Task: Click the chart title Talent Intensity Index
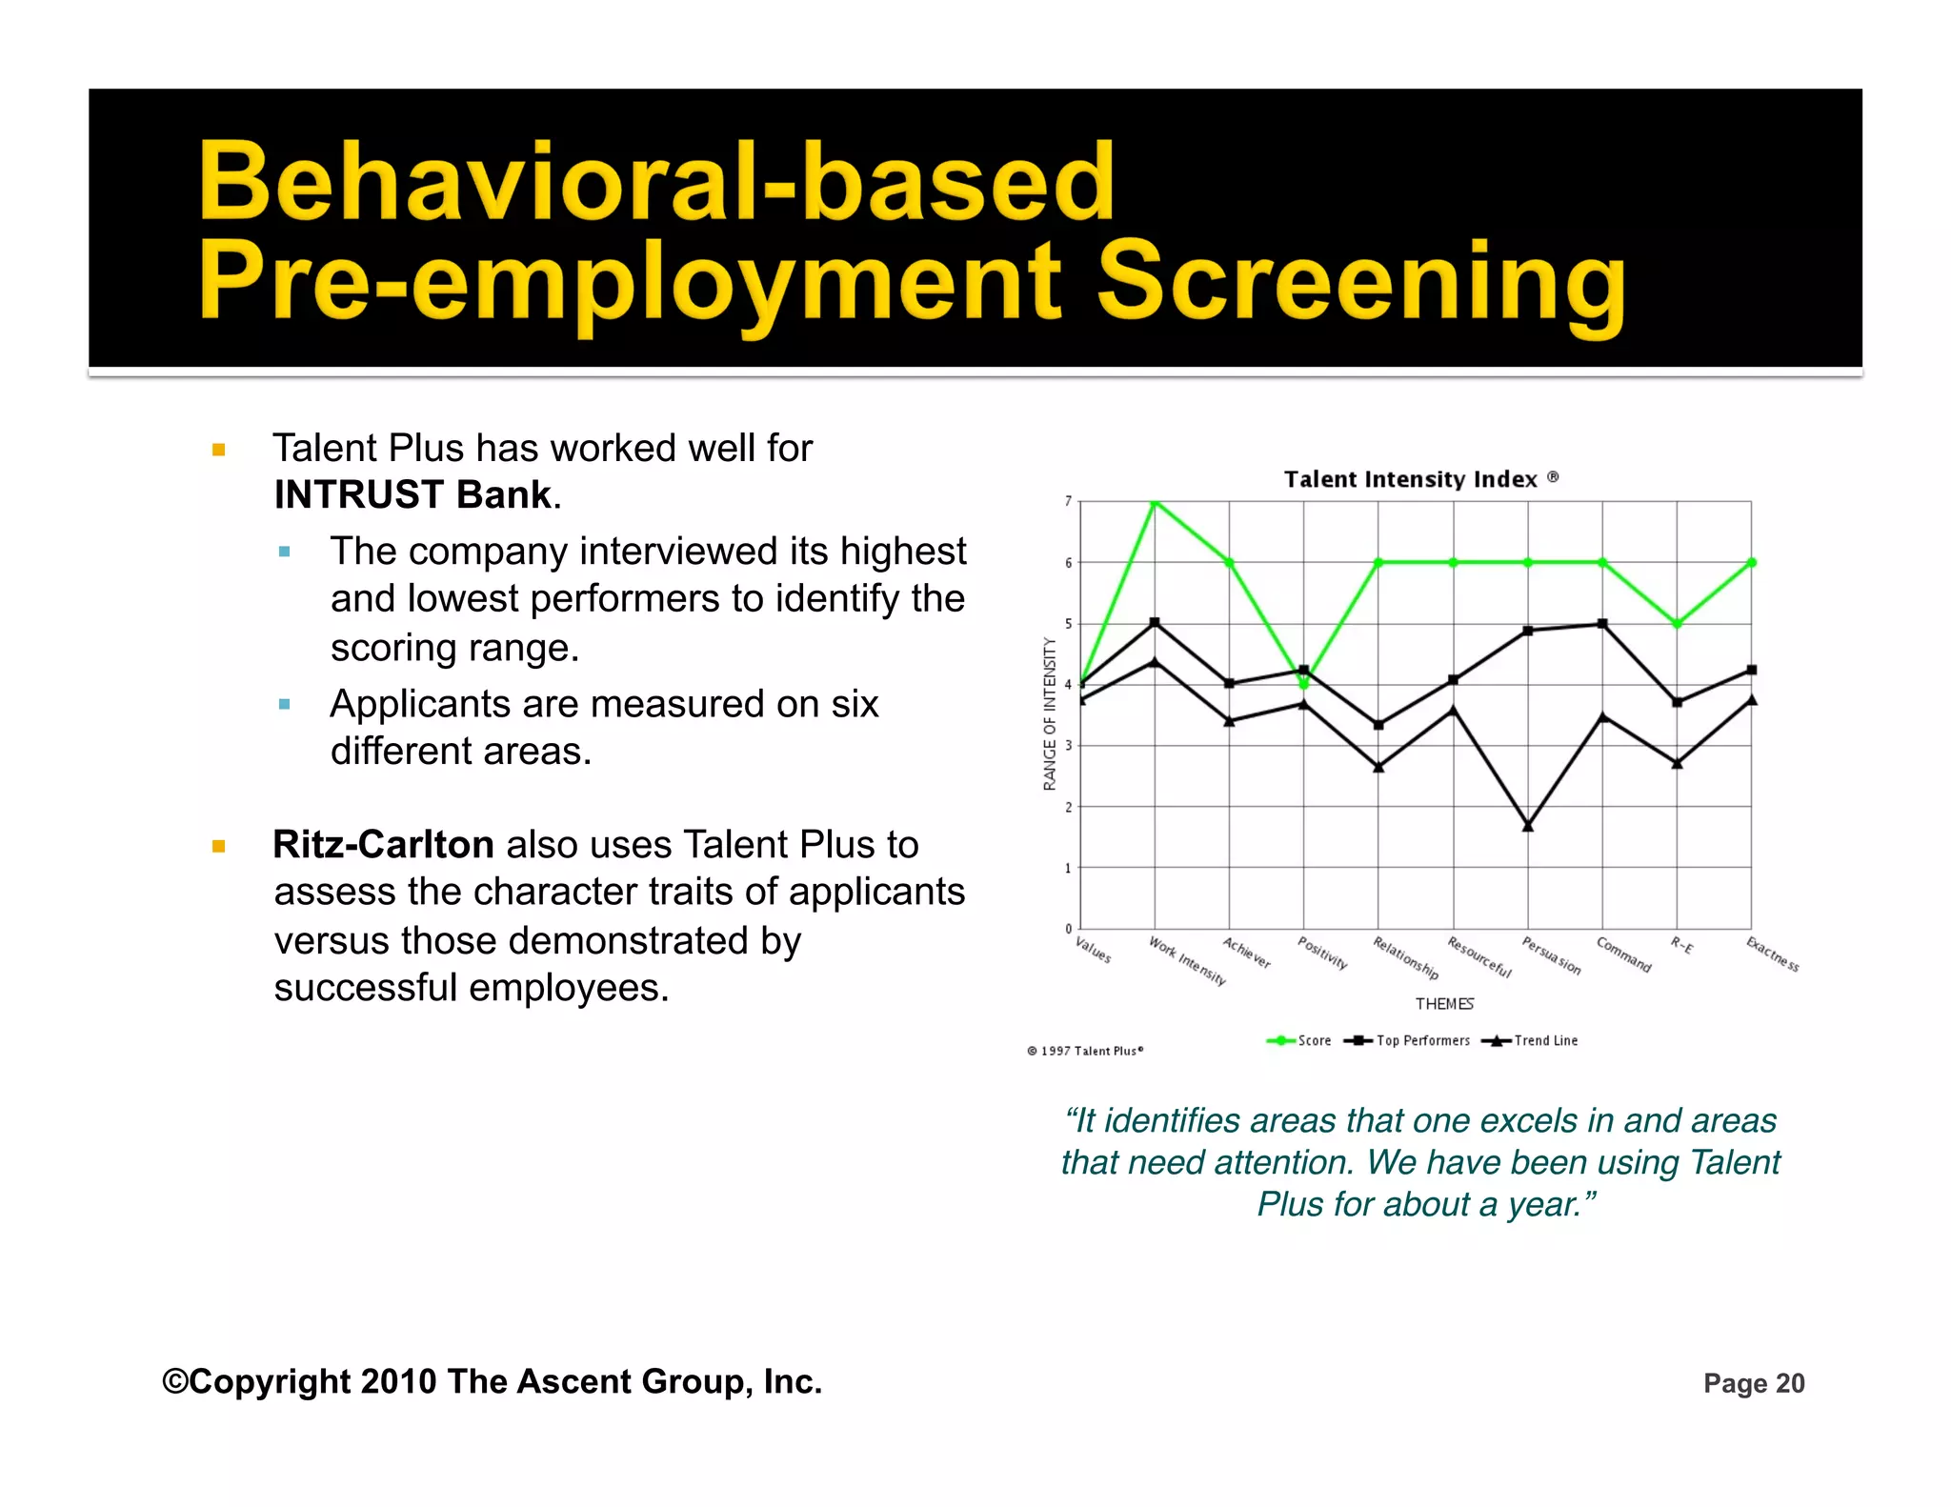(x=1411, y=479)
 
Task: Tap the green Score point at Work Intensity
(x=1155, y=501)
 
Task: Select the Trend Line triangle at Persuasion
(x=1528, y=825)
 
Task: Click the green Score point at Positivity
(x=1304, y=684)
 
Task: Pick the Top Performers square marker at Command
(x=1602, y=624)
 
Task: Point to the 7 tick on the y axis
(x=1068, y=501)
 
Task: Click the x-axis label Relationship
(x=1405, y=957)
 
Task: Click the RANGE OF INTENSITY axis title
(x=1050, y=713)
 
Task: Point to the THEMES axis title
(x=1444, y=1004)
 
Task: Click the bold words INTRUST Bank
(x=412, y=495)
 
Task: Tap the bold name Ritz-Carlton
(x=383, y=845)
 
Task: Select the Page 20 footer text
(x=1754, y=1383)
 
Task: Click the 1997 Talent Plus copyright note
(x=1085, y=1051)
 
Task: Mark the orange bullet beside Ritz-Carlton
(x=219, y=846)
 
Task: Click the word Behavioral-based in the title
(x=656, y=181)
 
